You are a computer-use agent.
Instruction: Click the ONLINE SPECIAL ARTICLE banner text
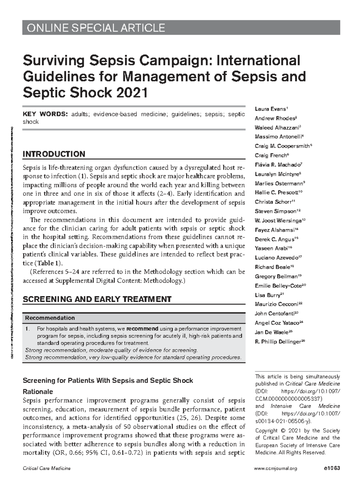click(x=96, y=28)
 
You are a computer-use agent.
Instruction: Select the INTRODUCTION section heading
click(x=54, y=154)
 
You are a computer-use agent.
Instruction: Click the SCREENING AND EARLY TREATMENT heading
click(x=97, y=299)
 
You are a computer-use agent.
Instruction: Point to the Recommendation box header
click(x=50, y=318)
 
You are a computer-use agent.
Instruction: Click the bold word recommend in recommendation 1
click(x=142, y=329)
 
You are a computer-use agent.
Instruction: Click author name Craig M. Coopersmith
click(x=282, y=146)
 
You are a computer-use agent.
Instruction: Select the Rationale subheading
click(x=38, y=392)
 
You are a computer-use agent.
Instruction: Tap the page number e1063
click(x=332, y=468)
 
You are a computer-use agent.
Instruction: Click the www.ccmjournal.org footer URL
click(x=276, y=468)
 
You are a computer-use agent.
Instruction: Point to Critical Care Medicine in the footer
click(x=47, y=468)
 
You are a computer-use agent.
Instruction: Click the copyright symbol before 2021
click(x=283, y=431)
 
